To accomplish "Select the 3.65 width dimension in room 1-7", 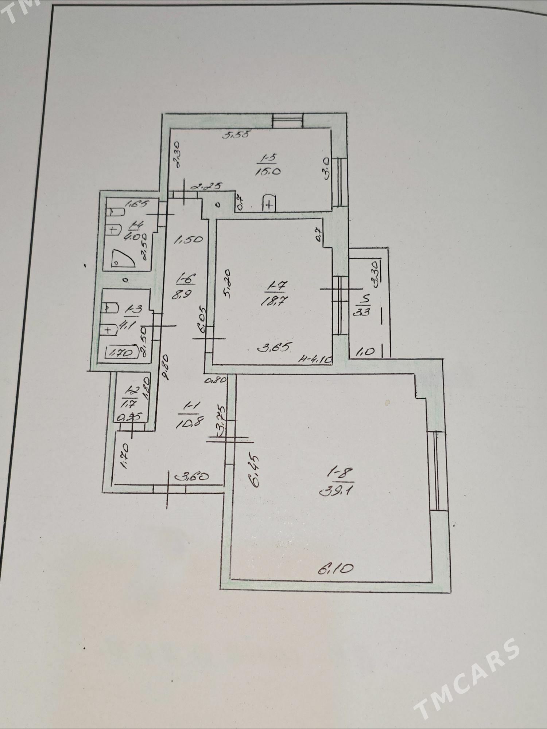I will click(x=273, y=348).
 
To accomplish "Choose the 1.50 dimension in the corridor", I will click(x=188, y=240).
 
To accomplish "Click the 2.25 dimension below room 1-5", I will click(x=207, y=187).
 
